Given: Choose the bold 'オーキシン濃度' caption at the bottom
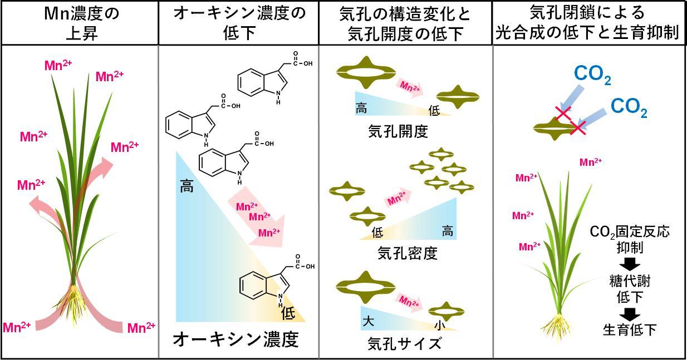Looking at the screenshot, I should (x=235, y=339).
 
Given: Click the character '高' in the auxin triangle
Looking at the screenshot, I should (x=187, y=186).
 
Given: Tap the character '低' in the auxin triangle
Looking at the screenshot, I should (x=288, y=313).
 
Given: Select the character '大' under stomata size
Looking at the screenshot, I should (x=368, y=321).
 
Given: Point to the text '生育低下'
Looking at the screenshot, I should (x=630, y=329).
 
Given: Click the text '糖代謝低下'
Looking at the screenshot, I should (x=630, y=288).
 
